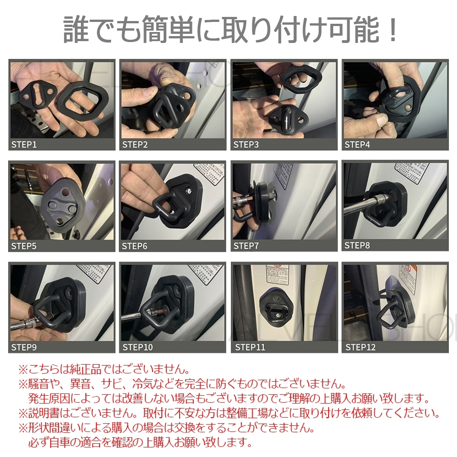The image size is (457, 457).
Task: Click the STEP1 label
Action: click(x=24, y=145)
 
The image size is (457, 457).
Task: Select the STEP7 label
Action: click(x=246, y=246)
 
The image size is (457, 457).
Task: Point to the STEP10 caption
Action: click(x=138, y=347)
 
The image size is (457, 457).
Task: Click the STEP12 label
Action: click(x=360, y=347)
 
